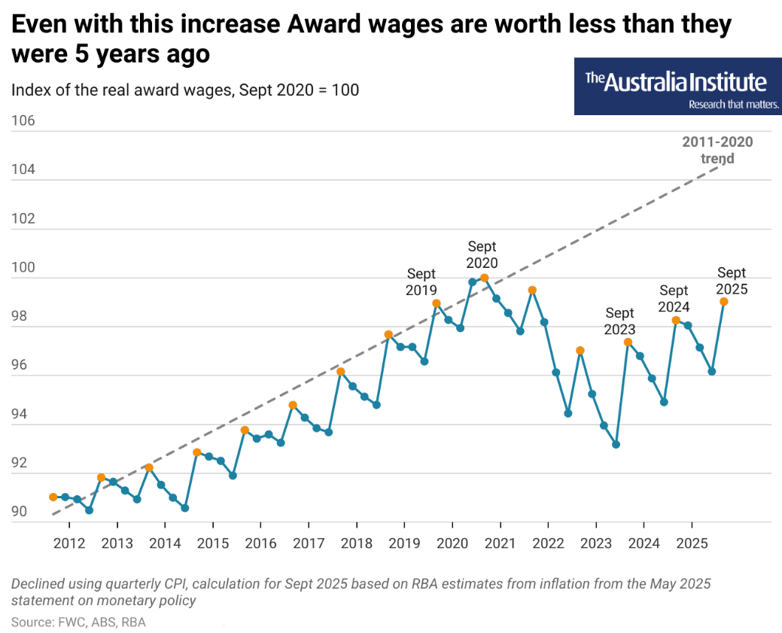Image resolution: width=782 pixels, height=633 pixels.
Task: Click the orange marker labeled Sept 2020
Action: (x=484, y=278)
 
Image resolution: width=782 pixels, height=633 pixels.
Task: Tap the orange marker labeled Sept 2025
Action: (x=723, y=301)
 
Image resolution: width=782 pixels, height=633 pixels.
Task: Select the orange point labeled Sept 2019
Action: (x=436, y=303)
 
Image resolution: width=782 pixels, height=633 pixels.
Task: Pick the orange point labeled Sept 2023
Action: (x=628, y=342)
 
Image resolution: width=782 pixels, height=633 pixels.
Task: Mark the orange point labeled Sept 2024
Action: (x=676, y=321)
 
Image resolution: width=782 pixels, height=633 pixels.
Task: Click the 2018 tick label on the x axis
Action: (x=356, y=543)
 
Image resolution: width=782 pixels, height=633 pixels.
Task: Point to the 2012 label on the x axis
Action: (x=68, y=543)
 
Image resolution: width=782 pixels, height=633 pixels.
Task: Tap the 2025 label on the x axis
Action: (x=691, y=543)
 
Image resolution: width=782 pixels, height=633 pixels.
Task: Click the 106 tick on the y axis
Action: (x=23, y=121)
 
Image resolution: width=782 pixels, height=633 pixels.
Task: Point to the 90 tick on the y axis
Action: (x=20, y=512)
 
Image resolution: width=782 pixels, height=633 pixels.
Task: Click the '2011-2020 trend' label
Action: (x=717, y=150)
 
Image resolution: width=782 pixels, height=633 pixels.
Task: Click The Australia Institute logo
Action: (x=677, y=87)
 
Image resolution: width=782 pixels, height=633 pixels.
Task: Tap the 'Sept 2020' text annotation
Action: (x=482, y=254)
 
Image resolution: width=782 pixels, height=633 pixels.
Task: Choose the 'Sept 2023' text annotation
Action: (x=619, y=321)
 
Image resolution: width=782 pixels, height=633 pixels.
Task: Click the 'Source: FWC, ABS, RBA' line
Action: (x=78, y=622)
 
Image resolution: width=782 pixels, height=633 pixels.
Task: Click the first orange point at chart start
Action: (x=53, y=497)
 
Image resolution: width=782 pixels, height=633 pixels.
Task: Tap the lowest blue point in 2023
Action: (x=616, y=444)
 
